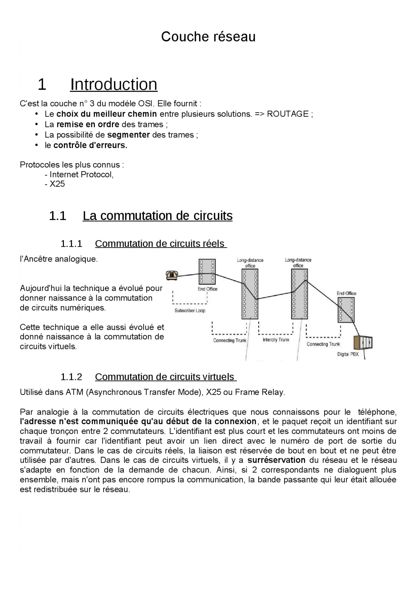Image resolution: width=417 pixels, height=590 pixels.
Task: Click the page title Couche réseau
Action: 208,37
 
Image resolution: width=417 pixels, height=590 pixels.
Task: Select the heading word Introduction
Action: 114,84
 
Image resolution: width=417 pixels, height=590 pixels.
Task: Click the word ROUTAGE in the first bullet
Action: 287,114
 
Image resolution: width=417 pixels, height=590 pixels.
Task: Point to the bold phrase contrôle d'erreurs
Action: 90,145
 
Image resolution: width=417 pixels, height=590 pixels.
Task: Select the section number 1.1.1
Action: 71,244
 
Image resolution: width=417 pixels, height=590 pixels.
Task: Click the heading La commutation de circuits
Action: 157,216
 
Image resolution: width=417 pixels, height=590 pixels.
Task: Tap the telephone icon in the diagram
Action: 172,275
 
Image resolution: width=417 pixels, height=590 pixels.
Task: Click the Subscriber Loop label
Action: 190,310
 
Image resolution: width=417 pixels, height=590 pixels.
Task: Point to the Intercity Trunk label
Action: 276,340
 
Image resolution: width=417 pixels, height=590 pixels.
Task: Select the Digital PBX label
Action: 348,354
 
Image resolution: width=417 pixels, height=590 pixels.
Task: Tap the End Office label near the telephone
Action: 207,289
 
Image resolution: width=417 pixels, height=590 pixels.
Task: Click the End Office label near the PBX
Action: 346,293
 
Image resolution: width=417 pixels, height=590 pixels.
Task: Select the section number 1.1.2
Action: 71,377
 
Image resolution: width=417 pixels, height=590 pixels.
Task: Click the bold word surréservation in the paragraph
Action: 276,460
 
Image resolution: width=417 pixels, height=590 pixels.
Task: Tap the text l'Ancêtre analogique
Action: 59,259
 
